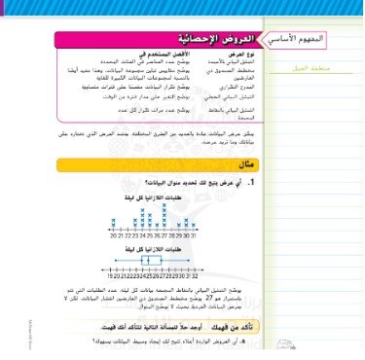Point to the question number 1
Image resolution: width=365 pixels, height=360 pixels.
[250, 182]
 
